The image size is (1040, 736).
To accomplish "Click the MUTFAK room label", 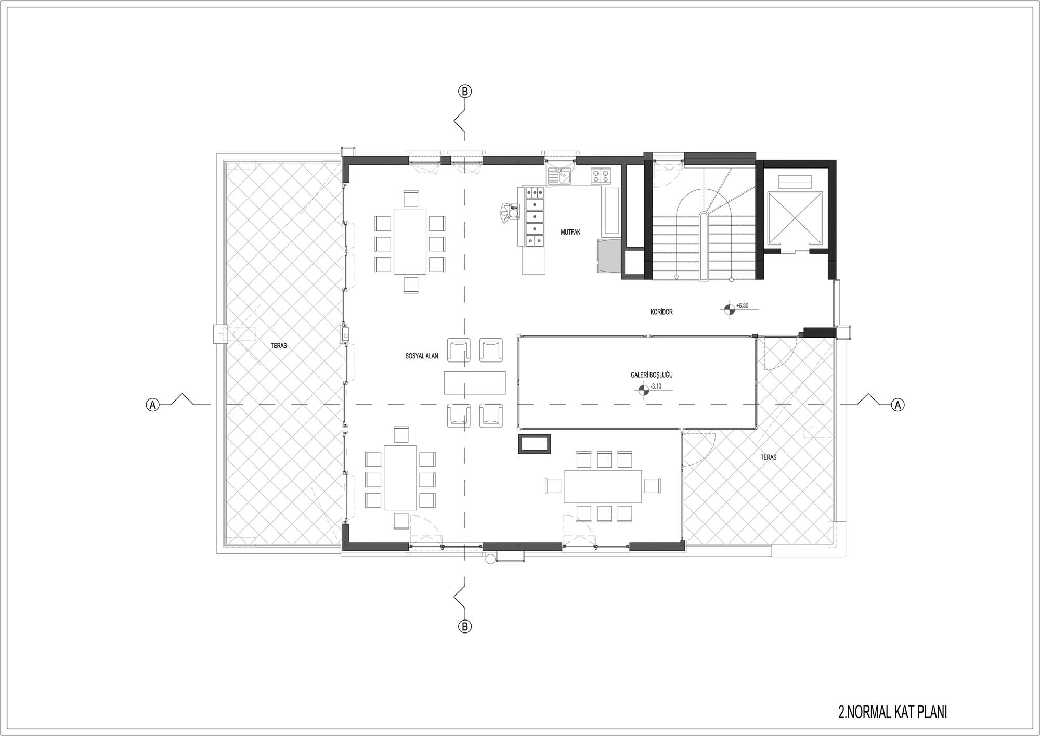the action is coord(570,233).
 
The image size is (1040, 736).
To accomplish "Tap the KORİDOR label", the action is coord(661,312).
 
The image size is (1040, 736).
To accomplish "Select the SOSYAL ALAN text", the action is coord(422,356).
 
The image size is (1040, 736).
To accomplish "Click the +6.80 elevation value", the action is coord(742,306).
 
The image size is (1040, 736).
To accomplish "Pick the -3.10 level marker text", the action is coord(656,386).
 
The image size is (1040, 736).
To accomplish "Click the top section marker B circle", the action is coord(465,92).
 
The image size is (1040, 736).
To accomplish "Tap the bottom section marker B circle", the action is coord(465,626).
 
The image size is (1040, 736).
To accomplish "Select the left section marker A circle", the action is coord(152,405).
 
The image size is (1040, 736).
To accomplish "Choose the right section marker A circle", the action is coord(898,405).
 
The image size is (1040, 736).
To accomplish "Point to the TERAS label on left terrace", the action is coord(279,345).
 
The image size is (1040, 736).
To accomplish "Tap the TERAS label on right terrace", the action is coord(768,457).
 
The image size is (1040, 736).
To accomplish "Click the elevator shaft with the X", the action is coord(795,218).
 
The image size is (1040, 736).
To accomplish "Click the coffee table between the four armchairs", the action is coord(475,382).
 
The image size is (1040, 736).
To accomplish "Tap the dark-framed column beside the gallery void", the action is coord(535,444).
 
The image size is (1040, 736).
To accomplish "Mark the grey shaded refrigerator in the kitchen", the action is coord(609,255).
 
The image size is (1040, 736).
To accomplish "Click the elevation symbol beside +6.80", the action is coord(730,309).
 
